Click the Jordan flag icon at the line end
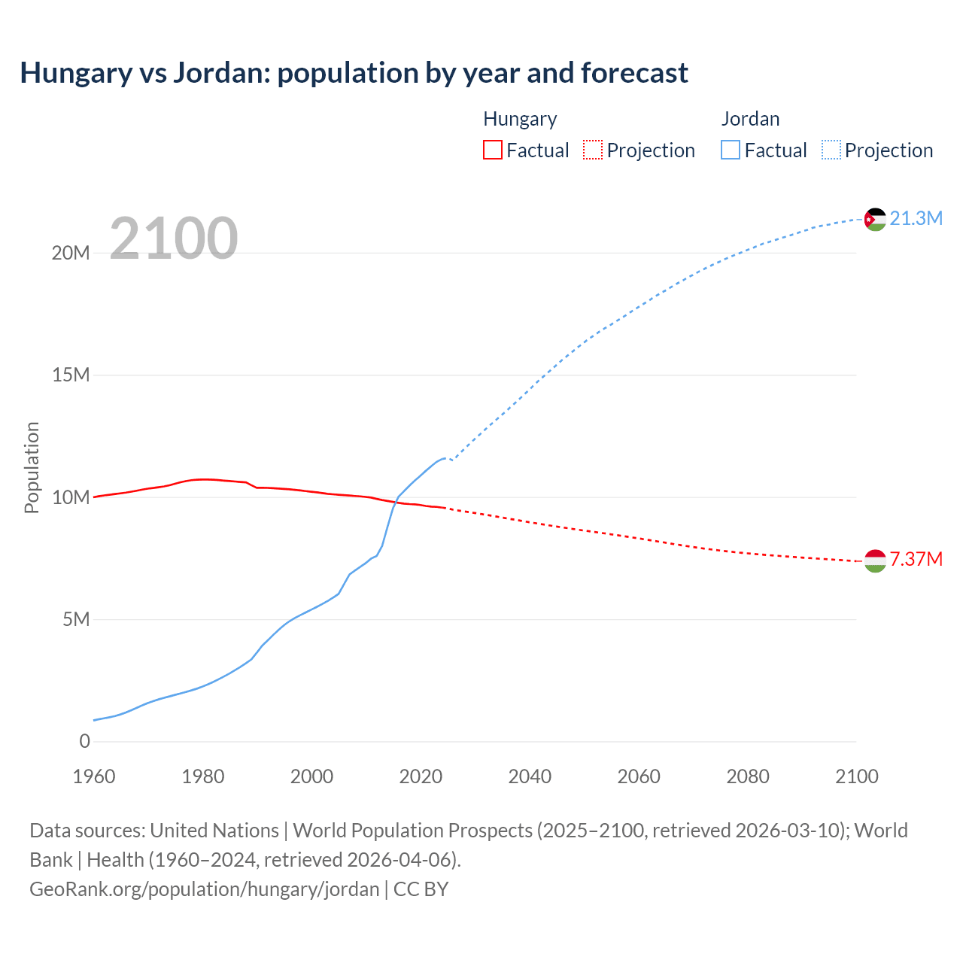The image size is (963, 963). point(874,219)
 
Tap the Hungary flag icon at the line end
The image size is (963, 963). point(874,560)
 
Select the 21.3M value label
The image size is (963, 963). point(916,219)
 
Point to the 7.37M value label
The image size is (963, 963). point(916,560)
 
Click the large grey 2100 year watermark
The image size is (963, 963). point(174,238)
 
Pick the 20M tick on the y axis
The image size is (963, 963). point(71,254)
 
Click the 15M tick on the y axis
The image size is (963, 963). point(71,375)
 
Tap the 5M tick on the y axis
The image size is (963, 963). point(76,620)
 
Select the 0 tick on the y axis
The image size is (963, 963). point(84,742)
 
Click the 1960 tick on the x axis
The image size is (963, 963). point(94,776)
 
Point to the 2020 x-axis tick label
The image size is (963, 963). point(421,776)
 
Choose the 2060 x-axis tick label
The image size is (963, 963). point(639,776)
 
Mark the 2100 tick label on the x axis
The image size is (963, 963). point(856,776)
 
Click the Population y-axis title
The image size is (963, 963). point(32,467)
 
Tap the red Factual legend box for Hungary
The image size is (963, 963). point(493,150)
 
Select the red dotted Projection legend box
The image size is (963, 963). point(593,150)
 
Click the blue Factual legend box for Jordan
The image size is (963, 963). point(731,150)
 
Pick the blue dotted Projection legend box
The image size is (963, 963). point(831,150)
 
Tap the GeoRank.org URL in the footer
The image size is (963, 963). point(205,889)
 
